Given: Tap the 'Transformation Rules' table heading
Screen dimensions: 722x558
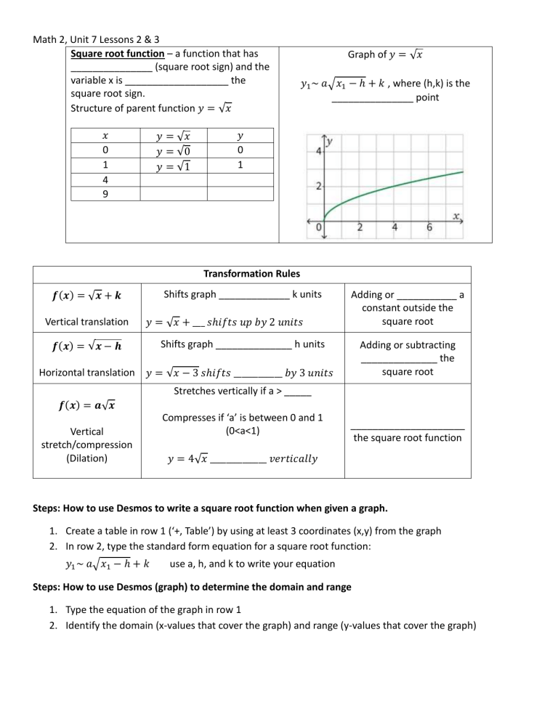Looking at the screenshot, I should pos(251,274).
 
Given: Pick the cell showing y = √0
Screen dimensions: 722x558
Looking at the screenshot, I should pos(173,150).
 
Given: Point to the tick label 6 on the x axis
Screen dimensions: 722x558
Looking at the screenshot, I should pos(429,228).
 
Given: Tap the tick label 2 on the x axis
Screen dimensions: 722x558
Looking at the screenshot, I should pos(360,228).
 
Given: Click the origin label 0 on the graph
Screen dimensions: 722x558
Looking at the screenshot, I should pos(319,228).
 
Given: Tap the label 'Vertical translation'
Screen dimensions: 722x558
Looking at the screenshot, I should pos(86,321).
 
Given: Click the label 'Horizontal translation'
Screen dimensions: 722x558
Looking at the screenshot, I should pos(86,373).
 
